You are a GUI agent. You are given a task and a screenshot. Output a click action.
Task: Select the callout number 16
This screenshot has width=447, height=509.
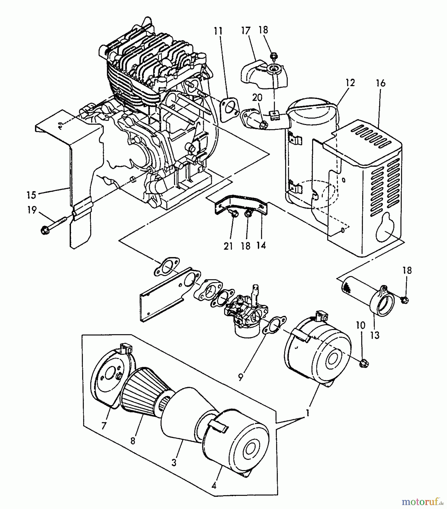point(381,83)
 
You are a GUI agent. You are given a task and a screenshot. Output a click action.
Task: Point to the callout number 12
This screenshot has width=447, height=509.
point(349,83)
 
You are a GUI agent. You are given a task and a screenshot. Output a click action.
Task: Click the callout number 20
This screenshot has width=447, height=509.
point(258,98)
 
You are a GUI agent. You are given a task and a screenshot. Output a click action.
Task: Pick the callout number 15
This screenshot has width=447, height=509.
point(31,195)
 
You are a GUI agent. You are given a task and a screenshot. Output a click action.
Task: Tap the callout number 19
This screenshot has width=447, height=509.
point(32,210)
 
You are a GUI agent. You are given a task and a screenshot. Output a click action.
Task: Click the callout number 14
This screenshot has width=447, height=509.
point(262,245)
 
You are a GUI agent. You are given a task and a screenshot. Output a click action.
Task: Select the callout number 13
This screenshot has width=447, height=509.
point(375,336)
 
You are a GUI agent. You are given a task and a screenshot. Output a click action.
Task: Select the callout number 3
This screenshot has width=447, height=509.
point(174,462)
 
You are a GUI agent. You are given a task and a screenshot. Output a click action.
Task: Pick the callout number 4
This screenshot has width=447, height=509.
point(214,486)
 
